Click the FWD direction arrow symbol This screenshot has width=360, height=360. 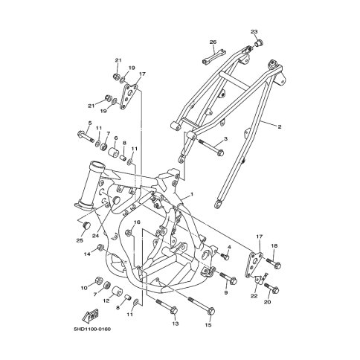pos(91,315)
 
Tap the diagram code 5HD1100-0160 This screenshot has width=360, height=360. pos(92,330)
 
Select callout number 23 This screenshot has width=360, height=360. pos(254,32)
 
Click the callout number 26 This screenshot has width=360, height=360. pos(213,42)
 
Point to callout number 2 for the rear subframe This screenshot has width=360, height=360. pos(280,127)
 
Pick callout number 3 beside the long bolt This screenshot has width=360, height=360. pos(225,139)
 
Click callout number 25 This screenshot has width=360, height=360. pos(80,241)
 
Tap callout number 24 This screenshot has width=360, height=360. pos(95,236)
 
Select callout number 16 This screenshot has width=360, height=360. pos(137,222)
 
